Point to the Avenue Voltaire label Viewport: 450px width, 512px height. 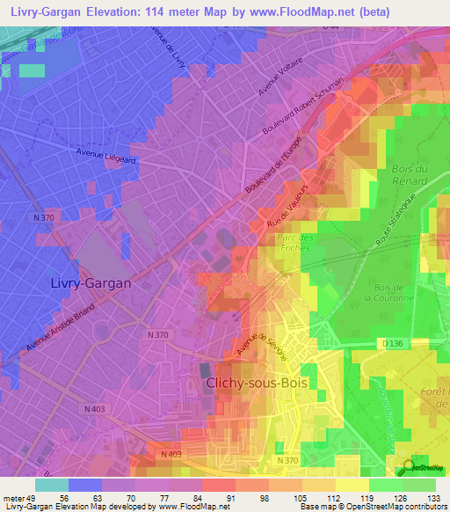coord(279,77)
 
